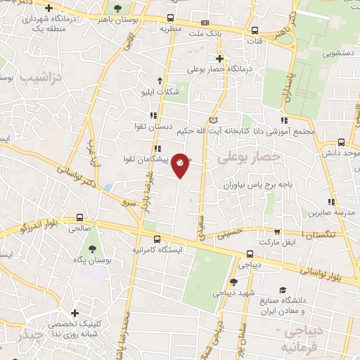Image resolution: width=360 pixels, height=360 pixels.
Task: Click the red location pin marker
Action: click(x=181, y=165)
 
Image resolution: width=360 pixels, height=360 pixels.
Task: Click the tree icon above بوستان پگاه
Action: click(x=92, y=247)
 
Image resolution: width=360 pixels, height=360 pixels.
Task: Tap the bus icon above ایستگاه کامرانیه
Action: click(x=157, y=238)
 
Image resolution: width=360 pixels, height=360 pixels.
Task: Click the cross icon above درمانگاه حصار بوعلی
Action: click(x=219, y=58)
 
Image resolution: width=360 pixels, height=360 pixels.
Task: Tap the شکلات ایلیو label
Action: click(x=161, y=92)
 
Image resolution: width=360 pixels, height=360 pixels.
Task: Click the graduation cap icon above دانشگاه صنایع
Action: click(x=283, y=290)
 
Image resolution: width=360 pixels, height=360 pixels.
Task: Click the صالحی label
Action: click(x=79, y=229)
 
